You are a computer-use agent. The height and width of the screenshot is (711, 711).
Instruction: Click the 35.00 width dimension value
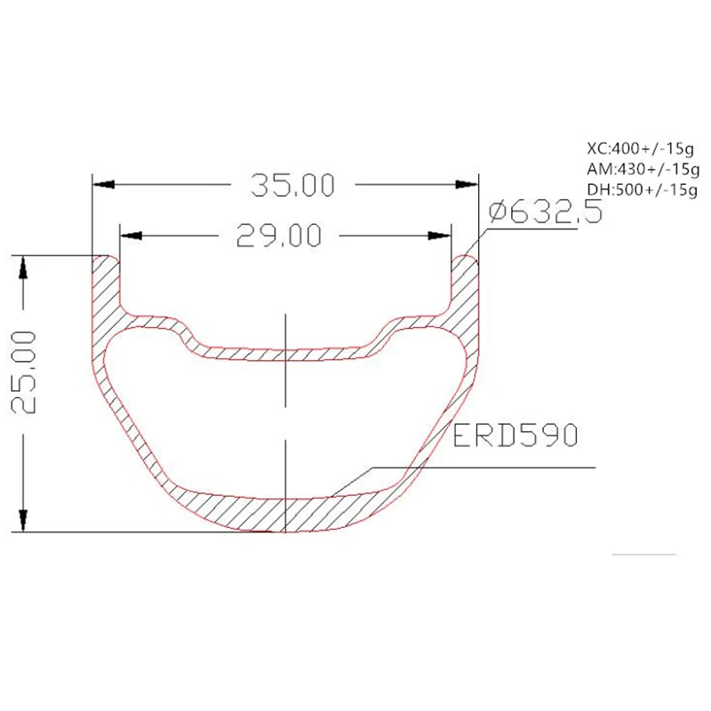coord(292,185)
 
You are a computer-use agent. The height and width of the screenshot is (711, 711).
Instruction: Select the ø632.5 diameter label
coord(546,212)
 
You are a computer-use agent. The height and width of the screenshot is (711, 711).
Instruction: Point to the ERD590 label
coord(515,435)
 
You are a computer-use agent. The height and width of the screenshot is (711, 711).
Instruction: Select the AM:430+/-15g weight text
coord(643,168)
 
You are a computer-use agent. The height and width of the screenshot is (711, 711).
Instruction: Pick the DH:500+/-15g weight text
coord(642,188)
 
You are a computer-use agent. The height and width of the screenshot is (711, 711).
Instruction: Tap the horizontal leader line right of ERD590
coord(533,467)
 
